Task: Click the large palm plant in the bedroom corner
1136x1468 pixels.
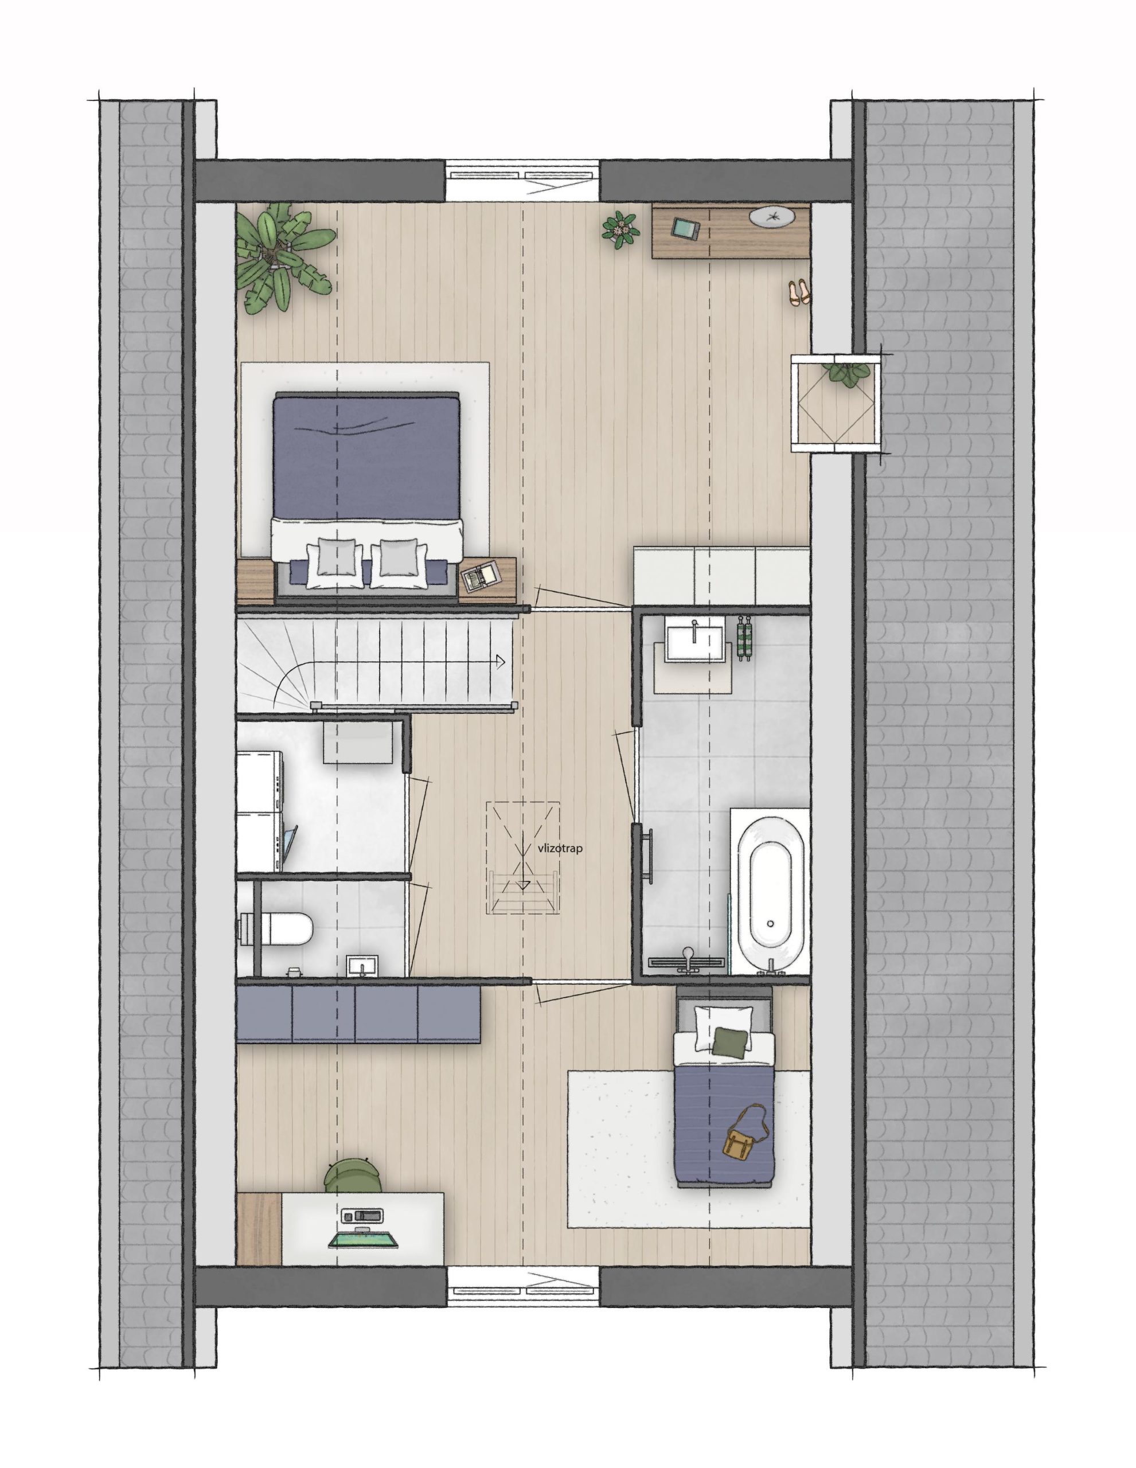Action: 283,259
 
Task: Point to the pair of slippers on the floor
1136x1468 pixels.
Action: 799,292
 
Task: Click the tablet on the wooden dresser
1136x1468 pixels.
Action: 684,229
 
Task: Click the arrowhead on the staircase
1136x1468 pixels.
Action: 500,661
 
